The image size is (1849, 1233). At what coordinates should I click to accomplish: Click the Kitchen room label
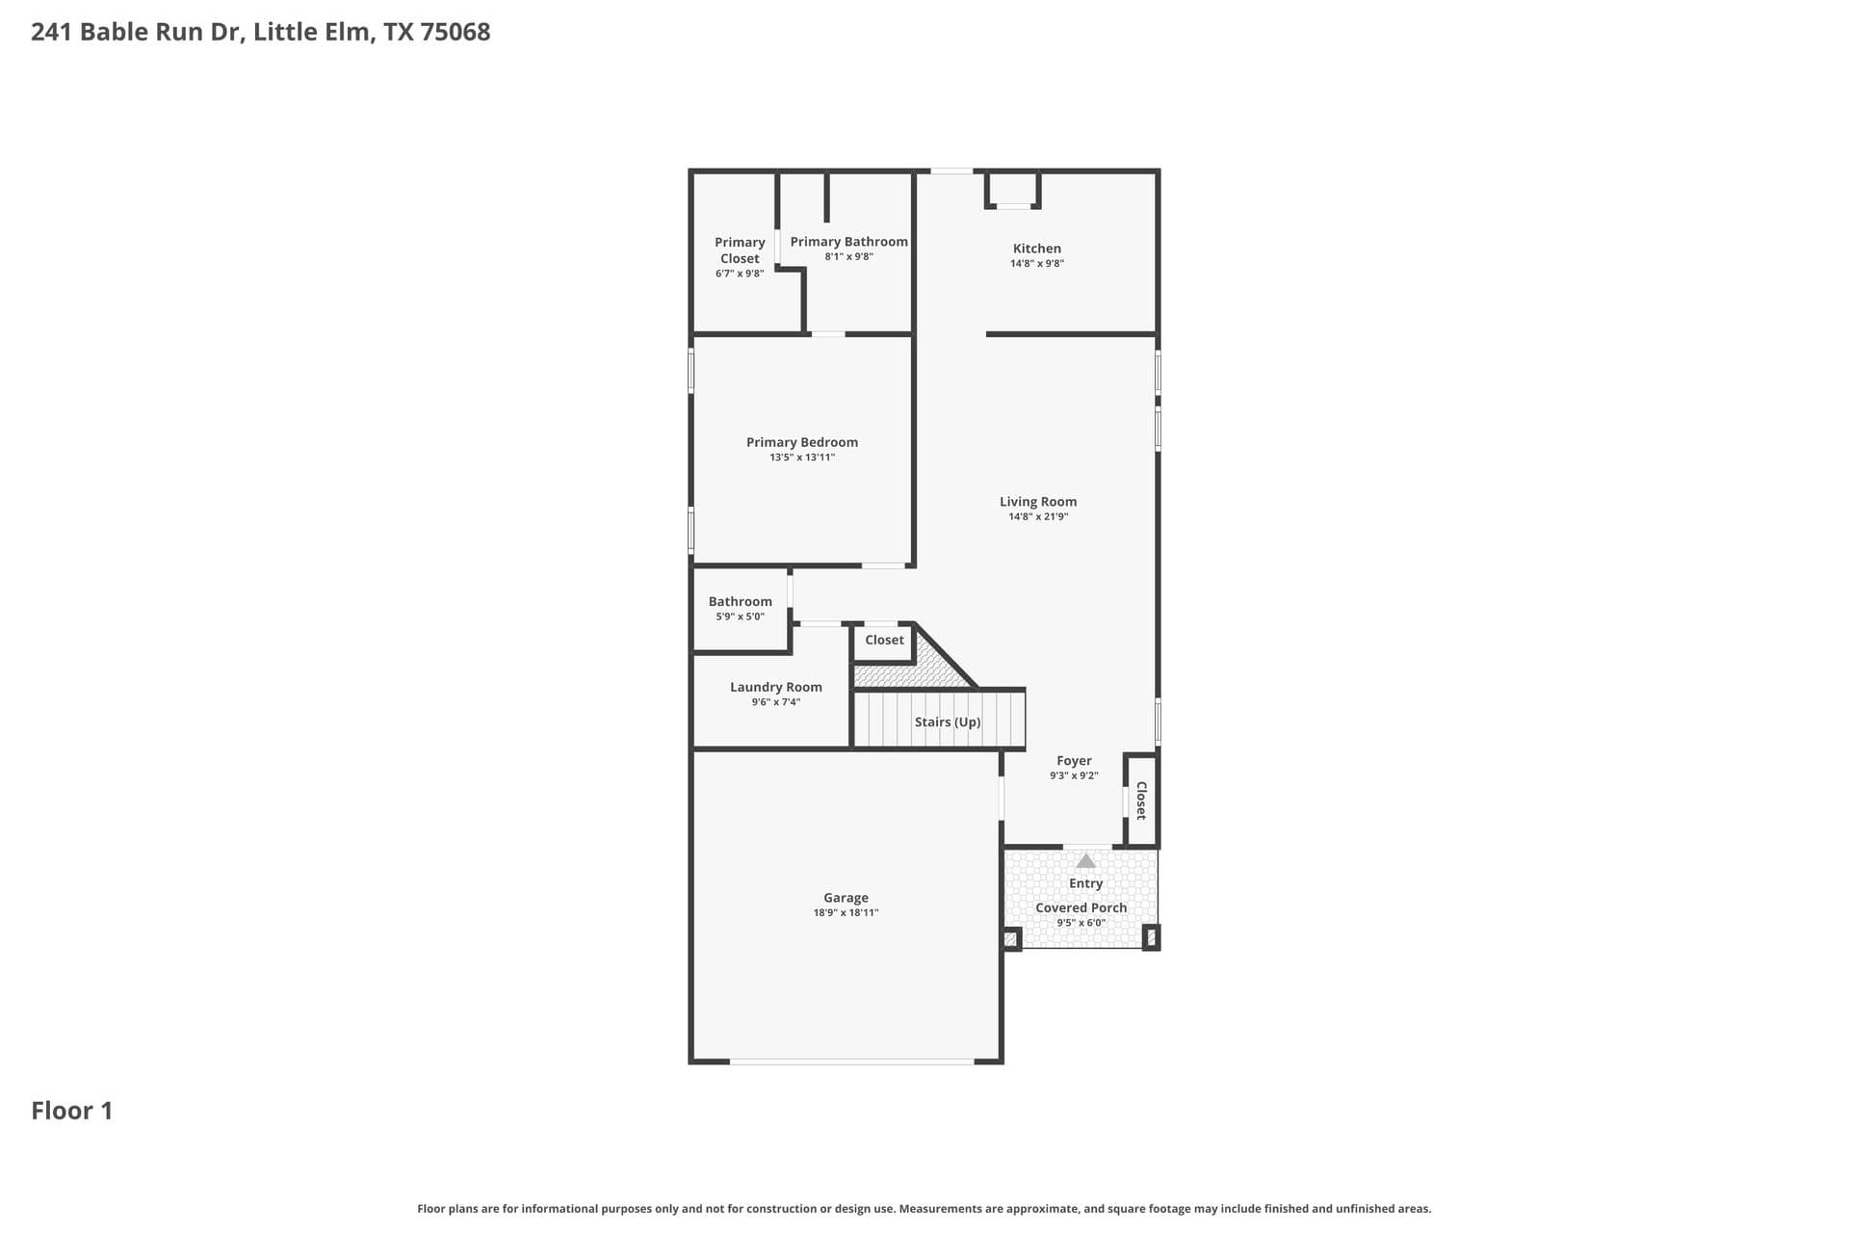click(1036, 249)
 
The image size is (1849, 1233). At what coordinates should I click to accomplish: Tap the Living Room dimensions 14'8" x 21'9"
click(1038, 516)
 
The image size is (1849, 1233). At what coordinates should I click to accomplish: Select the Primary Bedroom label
click(802, 442)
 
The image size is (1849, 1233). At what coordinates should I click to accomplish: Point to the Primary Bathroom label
click(848, 242)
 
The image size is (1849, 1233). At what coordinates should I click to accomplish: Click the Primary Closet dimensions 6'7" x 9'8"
click(740, 274)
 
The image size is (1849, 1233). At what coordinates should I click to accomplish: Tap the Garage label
click(846, 898)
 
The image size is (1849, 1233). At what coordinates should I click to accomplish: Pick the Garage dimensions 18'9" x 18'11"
click(846, 912)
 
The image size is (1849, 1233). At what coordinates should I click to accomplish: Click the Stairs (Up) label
click(948, 721)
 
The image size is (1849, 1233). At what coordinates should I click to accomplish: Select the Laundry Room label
click(776, 687)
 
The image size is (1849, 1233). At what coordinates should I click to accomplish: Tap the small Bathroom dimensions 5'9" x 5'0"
click(740, 616)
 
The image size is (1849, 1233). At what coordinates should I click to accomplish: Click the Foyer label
click(1074, 760)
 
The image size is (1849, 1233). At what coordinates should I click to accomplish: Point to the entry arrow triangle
click(1085, 861)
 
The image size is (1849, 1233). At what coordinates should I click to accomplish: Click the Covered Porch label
click(1081, 907)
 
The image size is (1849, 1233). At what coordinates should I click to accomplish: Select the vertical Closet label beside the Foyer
click(1141, 800)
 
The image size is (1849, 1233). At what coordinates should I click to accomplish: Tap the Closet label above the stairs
click(884, 640)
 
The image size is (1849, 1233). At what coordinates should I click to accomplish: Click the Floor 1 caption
click(72, 1111)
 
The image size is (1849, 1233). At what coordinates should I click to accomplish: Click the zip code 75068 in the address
click(456, 32)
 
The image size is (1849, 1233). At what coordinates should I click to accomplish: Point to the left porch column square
click(1011, 938)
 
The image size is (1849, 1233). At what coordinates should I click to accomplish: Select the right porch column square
click(1151, 937)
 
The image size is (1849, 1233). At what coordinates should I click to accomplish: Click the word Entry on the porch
click(1085, 883)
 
